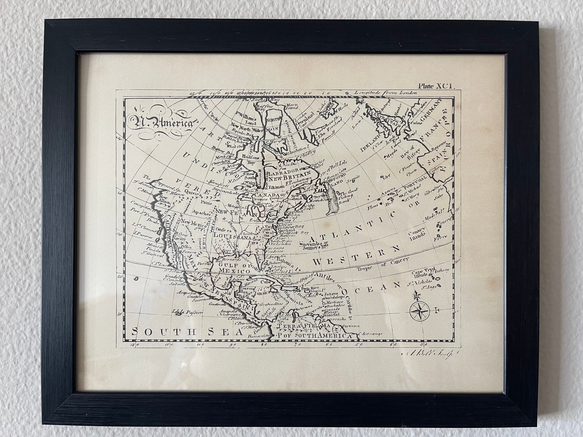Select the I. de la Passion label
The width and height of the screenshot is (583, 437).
(187, 313)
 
